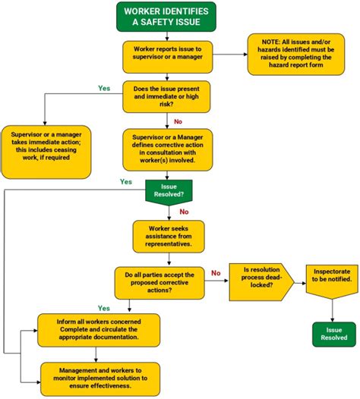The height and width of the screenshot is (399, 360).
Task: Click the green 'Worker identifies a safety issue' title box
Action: [x=166, y=17]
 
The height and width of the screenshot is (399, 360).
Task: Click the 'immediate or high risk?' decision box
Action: [x=166, y=96]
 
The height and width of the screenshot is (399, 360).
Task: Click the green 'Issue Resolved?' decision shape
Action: [x=166, y=190]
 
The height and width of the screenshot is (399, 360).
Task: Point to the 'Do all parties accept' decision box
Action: [x=159, y=283]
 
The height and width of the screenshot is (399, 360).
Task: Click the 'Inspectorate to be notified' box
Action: [x=333, y=282]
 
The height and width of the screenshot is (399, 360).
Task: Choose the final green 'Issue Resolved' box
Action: [x=333, y=334]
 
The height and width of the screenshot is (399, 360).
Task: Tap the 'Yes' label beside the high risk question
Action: [x=104, y=88]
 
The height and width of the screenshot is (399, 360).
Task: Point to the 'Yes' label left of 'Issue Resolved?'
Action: [x=126, y=181]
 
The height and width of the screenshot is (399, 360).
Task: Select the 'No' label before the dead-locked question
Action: [x=215, y=272]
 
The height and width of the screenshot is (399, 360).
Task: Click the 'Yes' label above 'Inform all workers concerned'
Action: [x=104, y=308]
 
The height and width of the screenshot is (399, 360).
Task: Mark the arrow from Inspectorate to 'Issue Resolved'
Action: [x=333, y=309]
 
